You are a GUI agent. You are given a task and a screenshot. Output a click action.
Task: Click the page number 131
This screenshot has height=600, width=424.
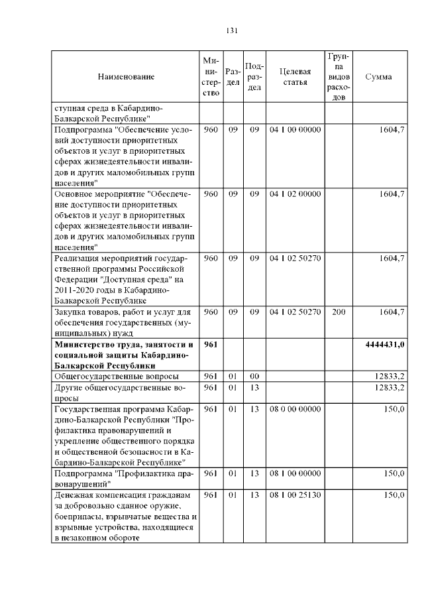pyautogui.click(x=231, y=30)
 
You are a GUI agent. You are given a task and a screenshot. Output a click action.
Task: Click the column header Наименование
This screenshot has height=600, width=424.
pyautogui.click(x=126, y=77)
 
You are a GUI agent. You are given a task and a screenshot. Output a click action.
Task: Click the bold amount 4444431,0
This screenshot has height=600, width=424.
pyautogui.click(x=385, y=345)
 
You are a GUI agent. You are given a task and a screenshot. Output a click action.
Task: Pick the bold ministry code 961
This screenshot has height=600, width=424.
pyautogui.click(x=211, y=345)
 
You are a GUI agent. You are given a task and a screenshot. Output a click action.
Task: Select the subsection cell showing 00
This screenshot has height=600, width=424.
pyautogui.click(x=254, y=377)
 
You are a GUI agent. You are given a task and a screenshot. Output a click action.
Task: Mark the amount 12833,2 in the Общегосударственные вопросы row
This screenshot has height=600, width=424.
pyautogui.click(x=389, y=377)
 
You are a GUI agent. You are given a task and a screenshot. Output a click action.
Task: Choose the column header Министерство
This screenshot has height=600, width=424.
pyautogui.click(x=211, y=77)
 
